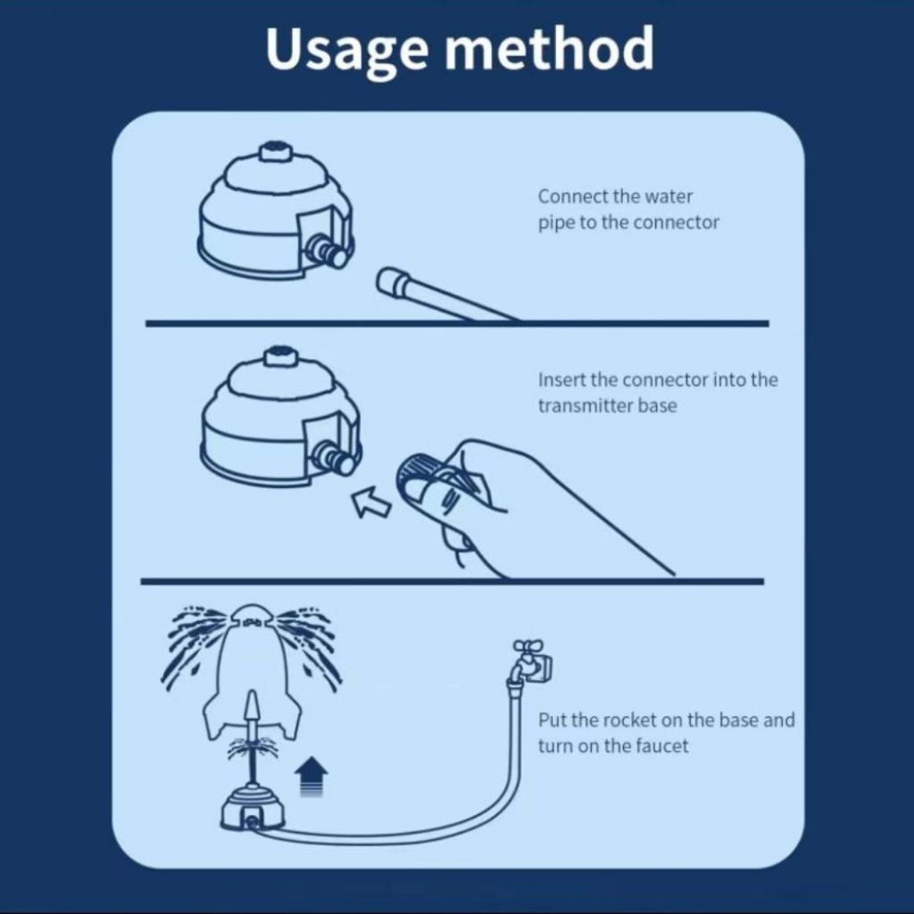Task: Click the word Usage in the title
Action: point(347,51)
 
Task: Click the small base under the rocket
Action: point(253,808)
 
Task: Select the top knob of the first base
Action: point(274,151)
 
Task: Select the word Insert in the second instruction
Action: point(561,379)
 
